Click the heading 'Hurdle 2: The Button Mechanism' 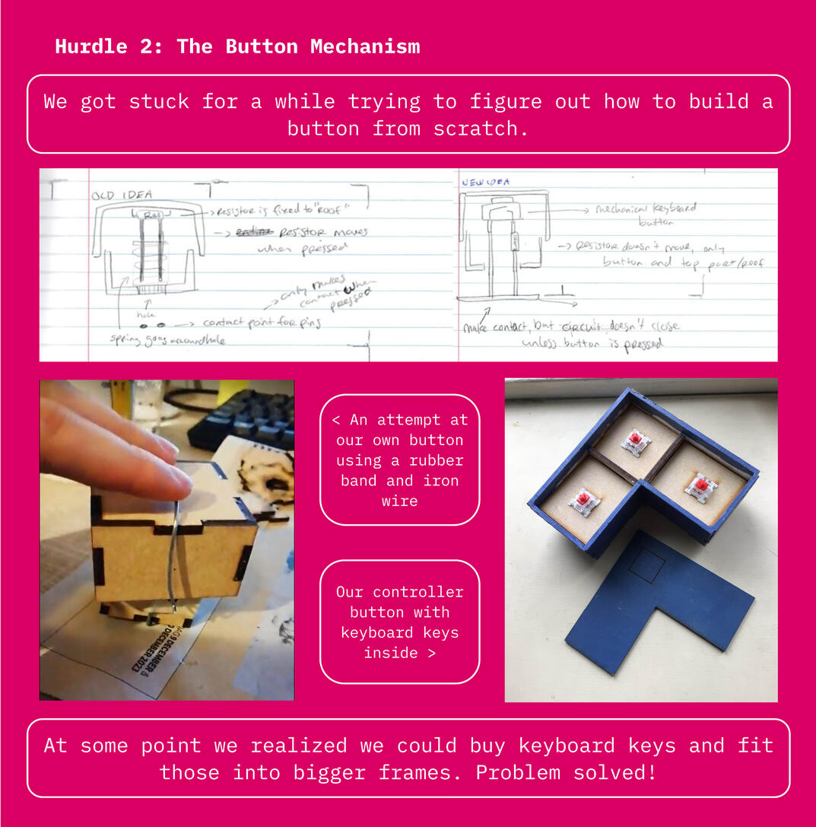pos(237,46)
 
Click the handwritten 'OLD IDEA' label pos(122,195)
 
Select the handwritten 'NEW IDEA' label pos(486,183)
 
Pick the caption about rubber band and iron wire pos(399,460)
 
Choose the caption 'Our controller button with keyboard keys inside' pos(399,622)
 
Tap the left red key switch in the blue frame pos(583,501)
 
